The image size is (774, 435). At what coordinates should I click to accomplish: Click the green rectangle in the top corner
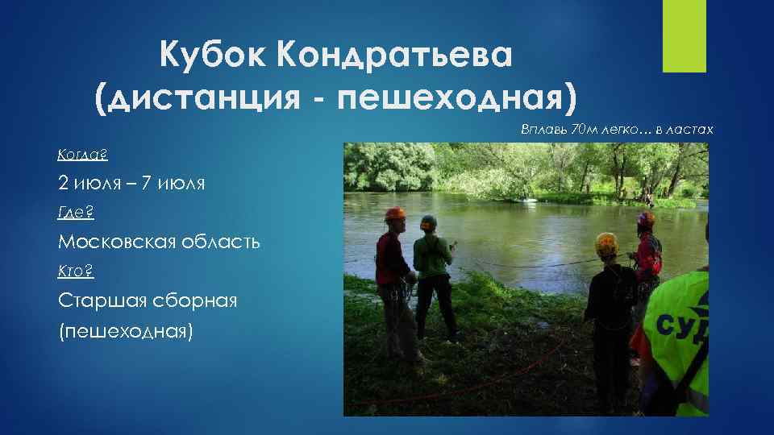tap(684, 36)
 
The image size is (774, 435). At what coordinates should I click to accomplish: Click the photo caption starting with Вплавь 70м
tap(617, 129)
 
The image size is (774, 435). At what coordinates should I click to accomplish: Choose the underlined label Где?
tap(77, 212)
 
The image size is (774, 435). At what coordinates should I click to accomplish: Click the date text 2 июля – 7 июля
tap(131, 183)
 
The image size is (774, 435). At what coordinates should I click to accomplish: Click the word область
tap(224, 242)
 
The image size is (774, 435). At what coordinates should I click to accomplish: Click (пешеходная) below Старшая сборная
tap(126, 330)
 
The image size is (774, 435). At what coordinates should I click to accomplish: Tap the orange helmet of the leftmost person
tap(394, 214)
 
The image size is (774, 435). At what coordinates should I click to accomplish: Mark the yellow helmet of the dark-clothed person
tap(606, 241)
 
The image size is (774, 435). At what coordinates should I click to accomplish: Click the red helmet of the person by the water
tap(646, 218)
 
